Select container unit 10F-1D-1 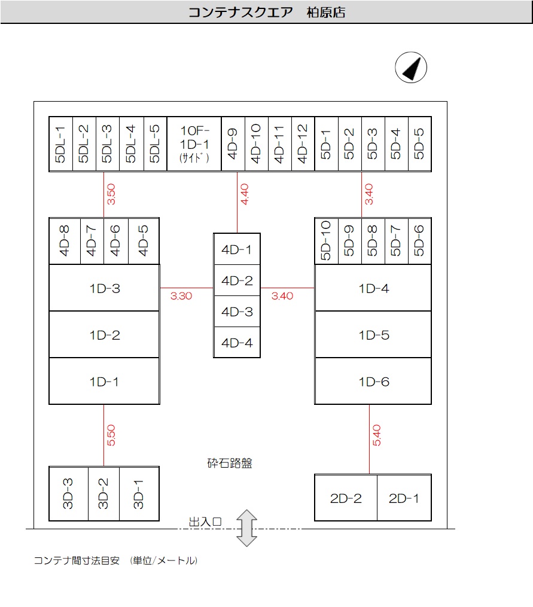tap(194, 144)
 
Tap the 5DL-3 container tap(108, 144)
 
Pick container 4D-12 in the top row tap(303, 144)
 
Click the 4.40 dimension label tap(244, 195)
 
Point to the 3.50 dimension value tap(111, 195)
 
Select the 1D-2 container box tap(104, 335)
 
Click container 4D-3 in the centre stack tap(237, 312)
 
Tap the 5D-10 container tap(326, 240)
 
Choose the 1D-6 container tap(373, 382)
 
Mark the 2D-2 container tap(346, 498)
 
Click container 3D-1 tap(139, 493)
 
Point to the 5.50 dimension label tap(111, 435)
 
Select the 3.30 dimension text tap(181, 295)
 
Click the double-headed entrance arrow tap(246, 527)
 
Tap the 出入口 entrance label tap(205, 522)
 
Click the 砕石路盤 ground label tap(230, 463)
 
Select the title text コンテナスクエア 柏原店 tap(267, 12)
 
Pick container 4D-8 tap(65, 240)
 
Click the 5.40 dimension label tap(377, 435)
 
